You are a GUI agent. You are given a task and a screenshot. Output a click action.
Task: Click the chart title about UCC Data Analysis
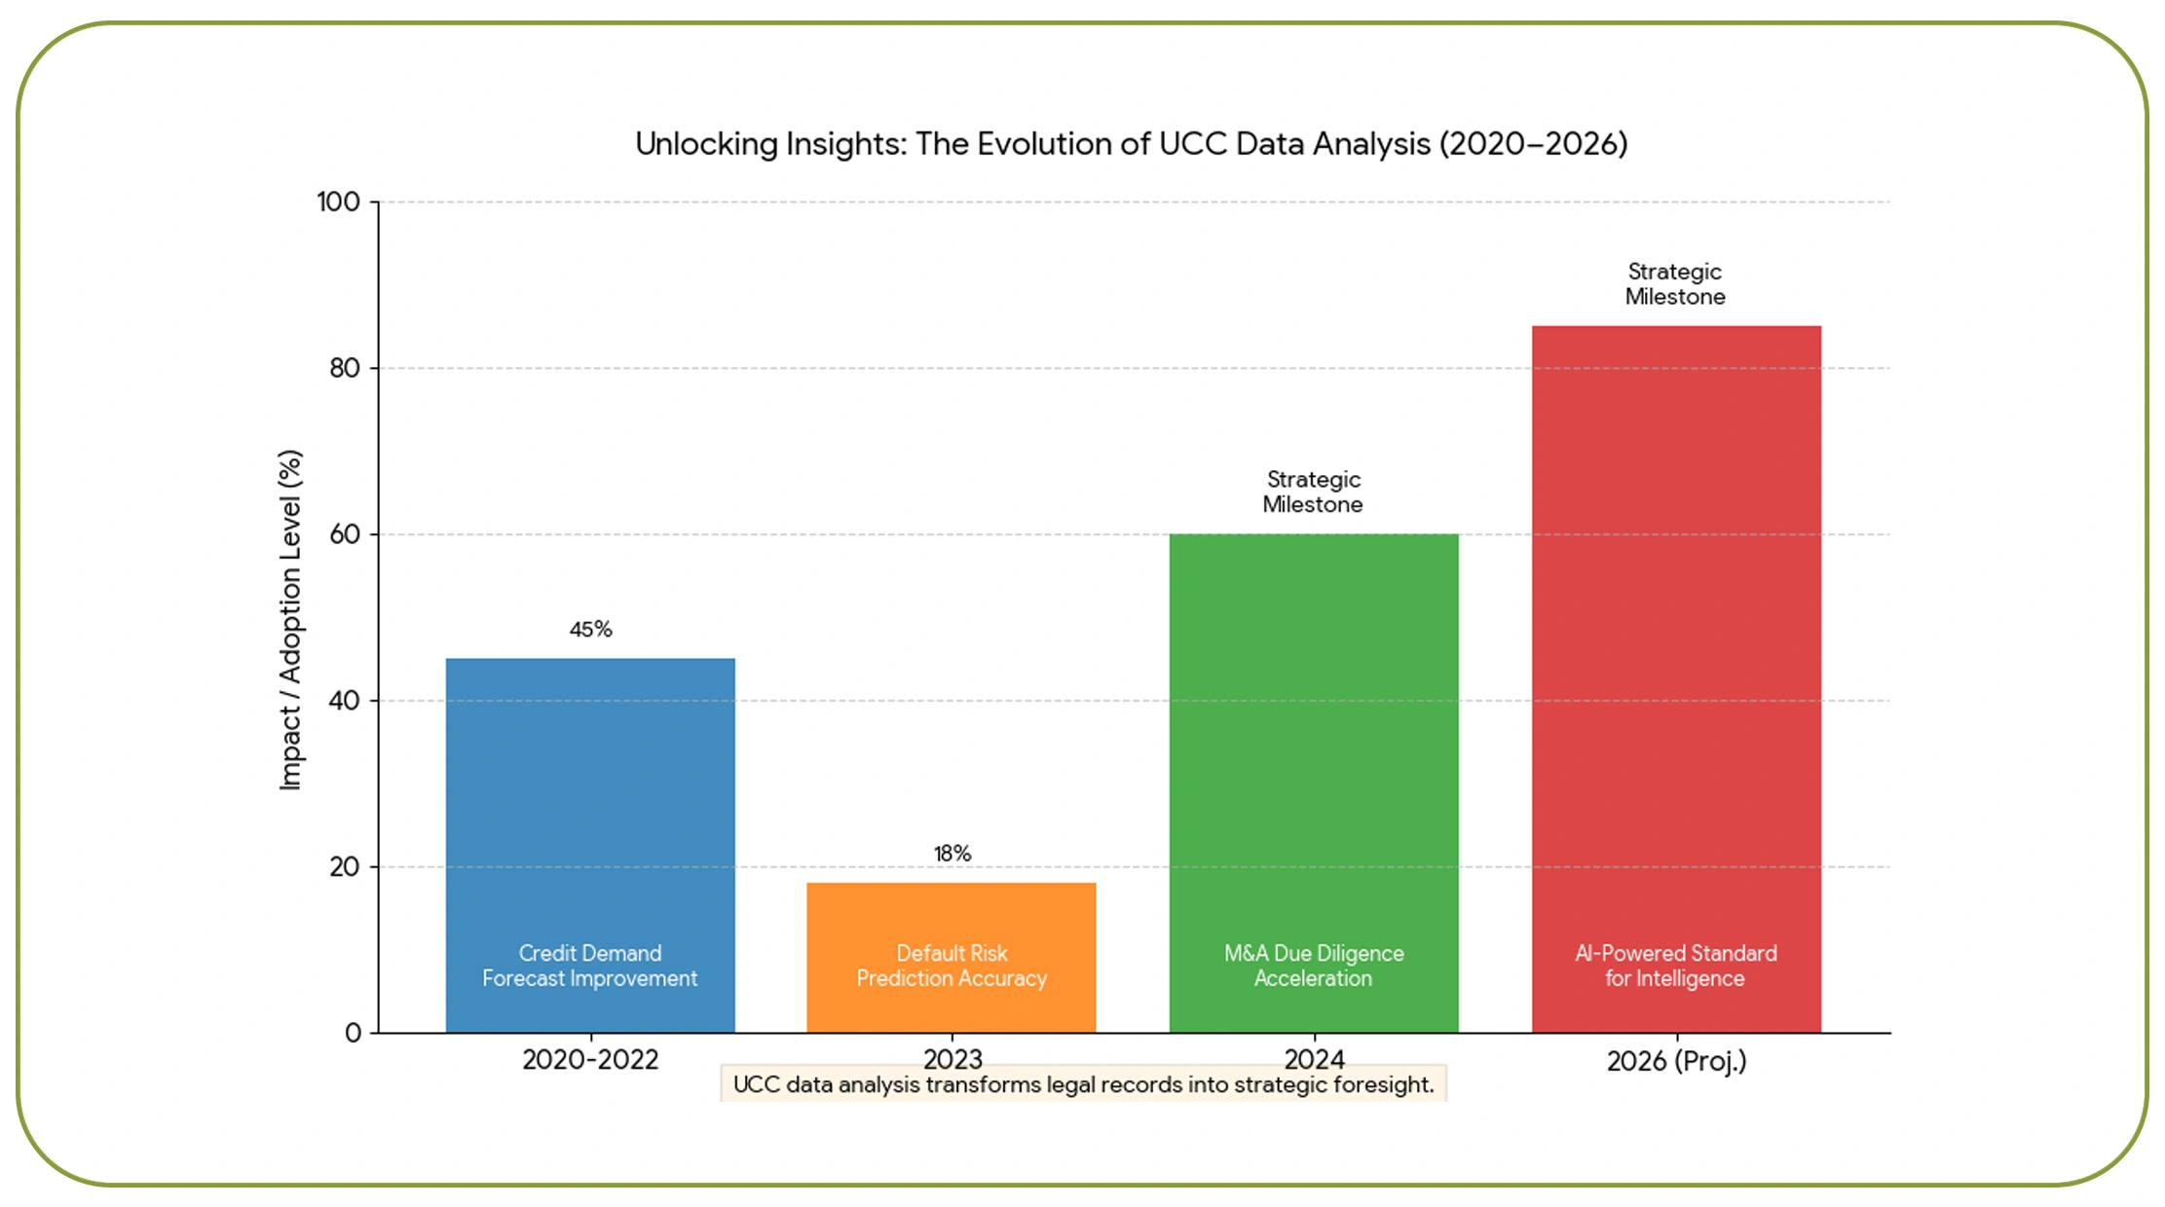click(x=1131, y=144)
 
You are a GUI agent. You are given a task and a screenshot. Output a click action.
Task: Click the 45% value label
click(x=590, y=630)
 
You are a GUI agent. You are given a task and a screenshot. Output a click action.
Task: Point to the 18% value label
click(x=952, y=854)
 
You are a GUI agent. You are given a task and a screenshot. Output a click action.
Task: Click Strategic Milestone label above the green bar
click(x=1313, y=492)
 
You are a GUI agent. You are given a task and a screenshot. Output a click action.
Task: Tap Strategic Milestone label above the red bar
click(x=1675, y=284)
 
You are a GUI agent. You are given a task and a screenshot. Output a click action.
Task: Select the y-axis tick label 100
click(x=338, y=202)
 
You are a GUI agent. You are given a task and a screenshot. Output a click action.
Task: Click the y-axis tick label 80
click(x=345, y=368)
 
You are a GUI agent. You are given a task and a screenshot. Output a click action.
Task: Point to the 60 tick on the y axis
click(x=345, y=534)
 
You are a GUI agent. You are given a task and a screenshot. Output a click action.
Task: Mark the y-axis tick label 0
click(x=353, y=1033)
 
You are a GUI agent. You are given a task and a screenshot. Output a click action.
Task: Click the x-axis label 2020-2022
click(x=590, y=1060)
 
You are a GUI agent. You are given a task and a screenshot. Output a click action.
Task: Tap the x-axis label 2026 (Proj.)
click(x=1676, y=1061)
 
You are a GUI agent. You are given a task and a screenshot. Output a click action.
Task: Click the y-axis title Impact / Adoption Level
click(x=290, y=619)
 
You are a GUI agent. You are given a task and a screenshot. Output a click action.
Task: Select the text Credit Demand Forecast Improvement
click(x=590, y=966)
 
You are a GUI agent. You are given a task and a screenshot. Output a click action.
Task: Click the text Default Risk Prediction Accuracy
click(x=952, y=966)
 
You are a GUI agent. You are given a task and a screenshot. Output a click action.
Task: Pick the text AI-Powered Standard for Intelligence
click(x=1676, y=966)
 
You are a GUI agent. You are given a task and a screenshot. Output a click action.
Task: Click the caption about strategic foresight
click(x=1083, y=1084)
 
